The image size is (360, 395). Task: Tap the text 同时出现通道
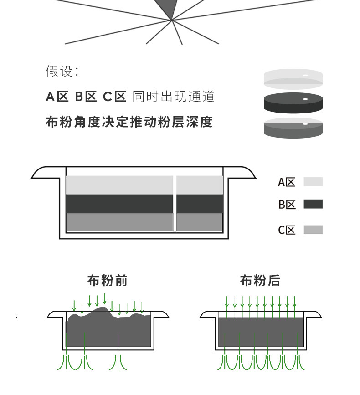173,97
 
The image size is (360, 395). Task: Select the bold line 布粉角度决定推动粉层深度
129,122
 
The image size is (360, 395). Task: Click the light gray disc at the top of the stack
293,78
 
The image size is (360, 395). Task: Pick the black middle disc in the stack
293,103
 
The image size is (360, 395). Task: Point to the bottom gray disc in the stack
293,128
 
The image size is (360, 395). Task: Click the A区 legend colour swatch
313,182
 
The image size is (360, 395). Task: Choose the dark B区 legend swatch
313,204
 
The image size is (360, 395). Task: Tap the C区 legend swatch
313,230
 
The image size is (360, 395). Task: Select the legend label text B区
287,205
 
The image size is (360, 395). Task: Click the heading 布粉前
108,281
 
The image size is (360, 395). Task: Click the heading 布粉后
260,281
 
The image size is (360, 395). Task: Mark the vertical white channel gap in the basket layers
175,203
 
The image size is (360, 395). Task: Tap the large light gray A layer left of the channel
119,185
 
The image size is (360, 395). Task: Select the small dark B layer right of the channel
200,204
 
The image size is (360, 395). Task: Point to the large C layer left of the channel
119,222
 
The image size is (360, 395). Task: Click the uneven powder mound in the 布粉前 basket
108,330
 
